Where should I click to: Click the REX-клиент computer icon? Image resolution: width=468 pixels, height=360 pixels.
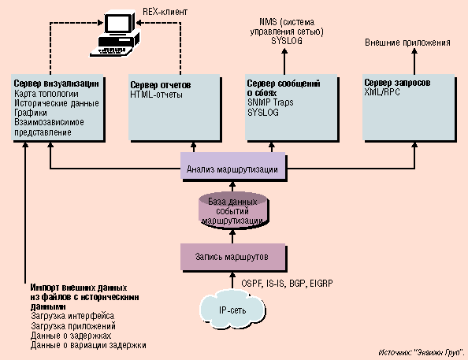pyautogui.click(x=116, y=33)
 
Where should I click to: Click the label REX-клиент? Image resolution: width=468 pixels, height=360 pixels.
pyautogui.click(x=165, y=12)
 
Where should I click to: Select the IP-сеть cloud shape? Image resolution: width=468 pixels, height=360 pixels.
pyautogui.click(x=232, y=310)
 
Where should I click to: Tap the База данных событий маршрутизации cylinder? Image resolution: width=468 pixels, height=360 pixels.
pyautogui.click(x=232, y=210)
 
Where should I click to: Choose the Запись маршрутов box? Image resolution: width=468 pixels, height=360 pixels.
pyautogui.click(x=232, y=257)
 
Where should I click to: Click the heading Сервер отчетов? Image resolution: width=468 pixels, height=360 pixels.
pyautogui.click(x=161, y=85)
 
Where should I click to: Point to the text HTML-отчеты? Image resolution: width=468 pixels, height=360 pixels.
pyautogui.click(x=157, y=95)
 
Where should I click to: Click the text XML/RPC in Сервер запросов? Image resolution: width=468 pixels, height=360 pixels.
pyautogui.click(x=382, y=92)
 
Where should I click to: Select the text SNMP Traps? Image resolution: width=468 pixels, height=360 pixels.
pyautogui.click(x=270, y=102)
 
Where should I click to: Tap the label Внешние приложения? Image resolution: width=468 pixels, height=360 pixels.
pyautogui.click(x=407, y=43)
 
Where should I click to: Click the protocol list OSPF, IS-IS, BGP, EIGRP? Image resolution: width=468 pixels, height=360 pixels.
pyautogui.click(x=287, y=284)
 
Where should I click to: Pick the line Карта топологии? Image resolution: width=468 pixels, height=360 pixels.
pyautogui.click(x=46, y=94)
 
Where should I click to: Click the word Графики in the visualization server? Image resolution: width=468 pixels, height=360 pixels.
pyautogui.click(x=31, y=113)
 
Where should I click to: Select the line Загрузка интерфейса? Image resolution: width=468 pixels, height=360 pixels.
pyautogui.click(x=72, y=316)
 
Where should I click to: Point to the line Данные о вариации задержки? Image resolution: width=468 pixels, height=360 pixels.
pyautogui.click(x=88, y=345)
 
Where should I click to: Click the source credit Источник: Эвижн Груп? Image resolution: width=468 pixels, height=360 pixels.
pyautogui.click(x=422, y=353)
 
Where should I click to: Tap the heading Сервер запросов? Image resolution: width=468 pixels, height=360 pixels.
pyautogui.click(x=397, y=83)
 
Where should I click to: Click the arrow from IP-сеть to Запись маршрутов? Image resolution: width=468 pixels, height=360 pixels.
pyautogui.click(x=232, y=280)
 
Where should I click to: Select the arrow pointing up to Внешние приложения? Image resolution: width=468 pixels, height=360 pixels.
pyautogui.click(x=414, y=61)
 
